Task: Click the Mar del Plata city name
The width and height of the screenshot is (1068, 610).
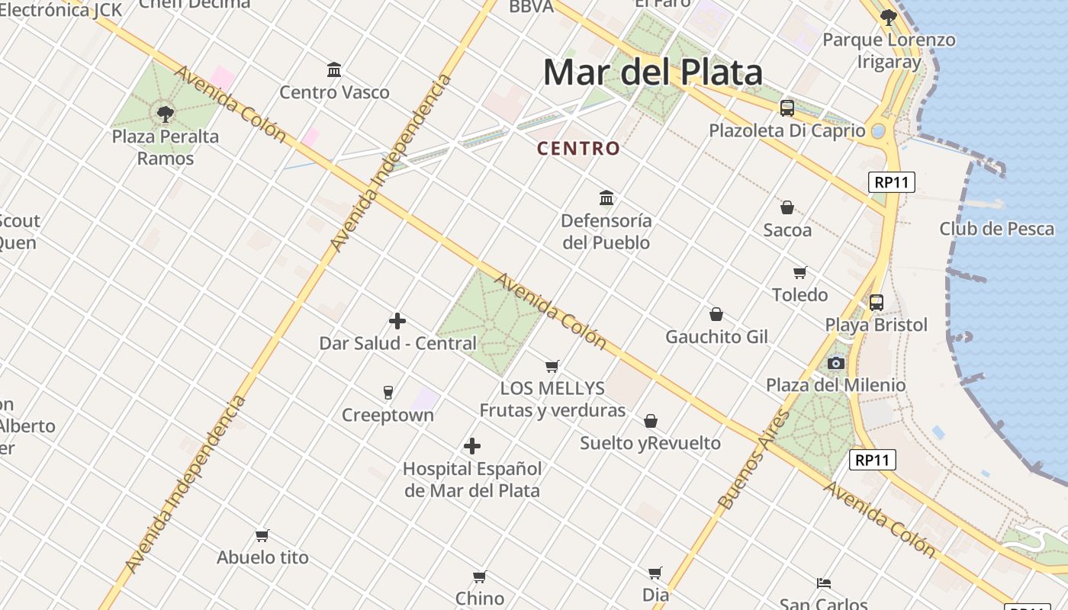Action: [x=652, y=72]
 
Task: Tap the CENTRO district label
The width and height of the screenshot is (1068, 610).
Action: [x=578, y=149]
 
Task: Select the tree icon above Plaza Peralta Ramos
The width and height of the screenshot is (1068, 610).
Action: [x=165, y=114]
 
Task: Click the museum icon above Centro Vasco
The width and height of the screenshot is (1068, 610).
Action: [x=334, y=69]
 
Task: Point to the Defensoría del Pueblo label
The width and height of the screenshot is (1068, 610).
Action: [x=606, y=232]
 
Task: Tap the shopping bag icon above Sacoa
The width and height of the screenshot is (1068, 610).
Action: [x=787, y=207]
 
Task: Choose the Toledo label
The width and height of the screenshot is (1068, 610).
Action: [x=799, y=295]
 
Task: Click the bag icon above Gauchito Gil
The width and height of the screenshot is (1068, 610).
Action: [x=716, y=314]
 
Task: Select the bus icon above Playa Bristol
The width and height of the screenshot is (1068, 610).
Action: [x=877, y=303]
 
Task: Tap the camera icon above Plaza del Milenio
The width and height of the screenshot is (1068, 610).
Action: [x=836, y=363]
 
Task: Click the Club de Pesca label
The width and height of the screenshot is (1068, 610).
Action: [x=996, y=229]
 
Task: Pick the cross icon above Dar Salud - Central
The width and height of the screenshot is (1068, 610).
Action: [x=397, y=321]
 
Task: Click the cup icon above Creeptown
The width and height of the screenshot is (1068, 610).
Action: [x=388, y=393]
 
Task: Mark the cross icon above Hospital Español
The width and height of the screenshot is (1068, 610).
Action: [x=472, y=446]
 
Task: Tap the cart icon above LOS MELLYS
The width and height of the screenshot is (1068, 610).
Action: [x=552, y=366]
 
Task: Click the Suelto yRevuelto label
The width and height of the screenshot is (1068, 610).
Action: [x=650, y=443]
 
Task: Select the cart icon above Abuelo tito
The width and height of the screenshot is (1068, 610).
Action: [x=262, y=535]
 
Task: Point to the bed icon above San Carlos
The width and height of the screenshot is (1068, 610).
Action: [x=824, y=583]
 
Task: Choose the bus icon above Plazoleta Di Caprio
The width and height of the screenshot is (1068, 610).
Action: [x=787, y=108]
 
